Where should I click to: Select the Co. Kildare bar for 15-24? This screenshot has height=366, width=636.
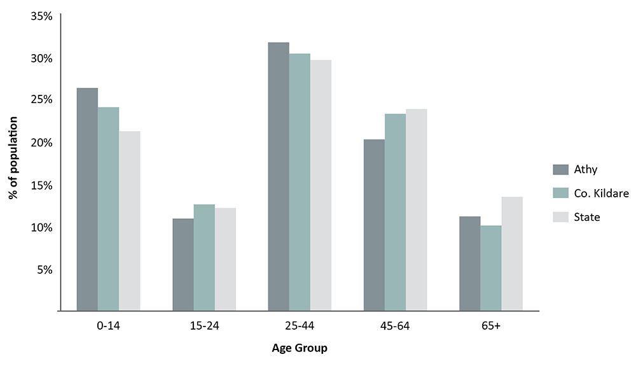[x=204, y=258]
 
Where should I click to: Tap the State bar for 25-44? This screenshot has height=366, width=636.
[x=321, y=185]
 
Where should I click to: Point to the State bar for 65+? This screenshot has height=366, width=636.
[x=512, y=254]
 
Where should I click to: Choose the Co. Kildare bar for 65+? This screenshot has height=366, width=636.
[x=491, y=268]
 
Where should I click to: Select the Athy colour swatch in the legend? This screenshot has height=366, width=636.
[x=560, y=169]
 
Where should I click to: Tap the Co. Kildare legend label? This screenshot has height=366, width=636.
[x=602, y=193]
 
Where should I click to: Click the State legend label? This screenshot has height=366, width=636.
[x=587, y=217]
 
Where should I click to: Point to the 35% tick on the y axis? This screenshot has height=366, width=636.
[x=41, y=16]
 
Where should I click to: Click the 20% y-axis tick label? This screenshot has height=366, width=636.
[x=41, y=143]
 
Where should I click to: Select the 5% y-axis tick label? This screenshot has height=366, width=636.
[x=44, y=269]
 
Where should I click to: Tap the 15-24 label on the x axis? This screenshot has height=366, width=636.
[x=204, y=326]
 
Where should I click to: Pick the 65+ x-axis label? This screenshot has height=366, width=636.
[x=491, y=326]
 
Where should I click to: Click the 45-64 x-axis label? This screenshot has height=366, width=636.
[x=395, y=326]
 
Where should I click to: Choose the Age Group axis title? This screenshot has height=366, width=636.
[x=300, y=348]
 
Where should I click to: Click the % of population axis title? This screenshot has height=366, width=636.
[x=13, y=158]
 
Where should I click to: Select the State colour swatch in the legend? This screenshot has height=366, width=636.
[x=560, y=217]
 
